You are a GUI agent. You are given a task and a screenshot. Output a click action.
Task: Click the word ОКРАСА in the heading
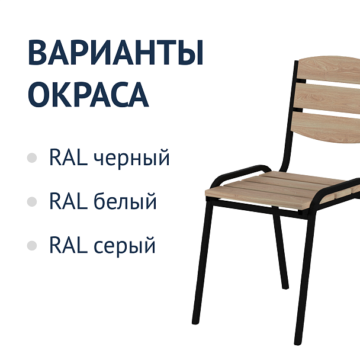tap(88, 94)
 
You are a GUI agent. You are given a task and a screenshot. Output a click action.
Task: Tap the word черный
tap(132, 159)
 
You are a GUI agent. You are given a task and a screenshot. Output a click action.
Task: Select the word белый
tap(125, 201)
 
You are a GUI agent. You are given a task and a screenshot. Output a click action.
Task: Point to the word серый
tap(124, 245)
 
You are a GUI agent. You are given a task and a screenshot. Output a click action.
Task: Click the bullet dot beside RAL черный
tap(32, 159)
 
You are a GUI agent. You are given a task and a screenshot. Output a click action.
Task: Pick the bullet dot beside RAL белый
tap(32, 202)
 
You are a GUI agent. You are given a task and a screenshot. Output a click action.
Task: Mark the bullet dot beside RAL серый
tap(32, 245)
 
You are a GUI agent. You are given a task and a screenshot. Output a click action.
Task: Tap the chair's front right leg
tap(304, 278)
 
